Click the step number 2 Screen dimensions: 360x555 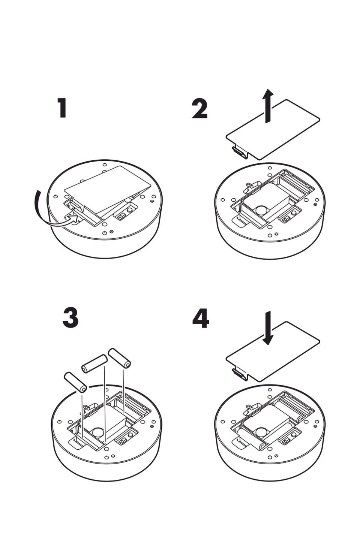coord(199,109)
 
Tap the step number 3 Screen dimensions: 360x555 coord(70,318)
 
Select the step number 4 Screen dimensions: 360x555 coord(201,319)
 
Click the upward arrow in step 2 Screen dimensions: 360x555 coord(267,106)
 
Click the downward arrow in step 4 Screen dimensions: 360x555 coord(268,328)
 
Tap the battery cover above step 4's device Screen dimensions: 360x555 coord(273,352)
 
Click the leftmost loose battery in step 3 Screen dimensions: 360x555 coord(75,382)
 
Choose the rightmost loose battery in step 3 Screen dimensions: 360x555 coord(120,358)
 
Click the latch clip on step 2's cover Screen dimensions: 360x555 coord(239,152)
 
